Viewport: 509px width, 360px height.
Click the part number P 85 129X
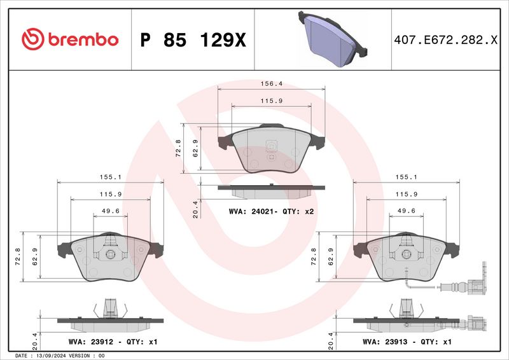point(192,40)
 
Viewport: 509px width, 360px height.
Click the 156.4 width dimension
point(272,83)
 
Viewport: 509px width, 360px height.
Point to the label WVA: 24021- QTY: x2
point(272,211)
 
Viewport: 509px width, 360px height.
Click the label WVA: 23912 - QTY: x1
point(103,342)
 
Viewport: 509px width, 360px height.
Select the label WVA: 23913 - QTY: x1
point(407,342)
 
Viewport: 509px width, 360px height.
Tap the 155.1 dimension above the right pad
point(407,177)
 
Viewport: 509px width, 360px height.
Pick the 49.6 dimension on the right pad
point(407,211)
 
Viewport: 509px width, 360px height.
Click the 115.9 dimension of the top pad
point(272,102)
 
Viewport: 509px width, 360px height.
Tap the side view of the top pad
point(272,190)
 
